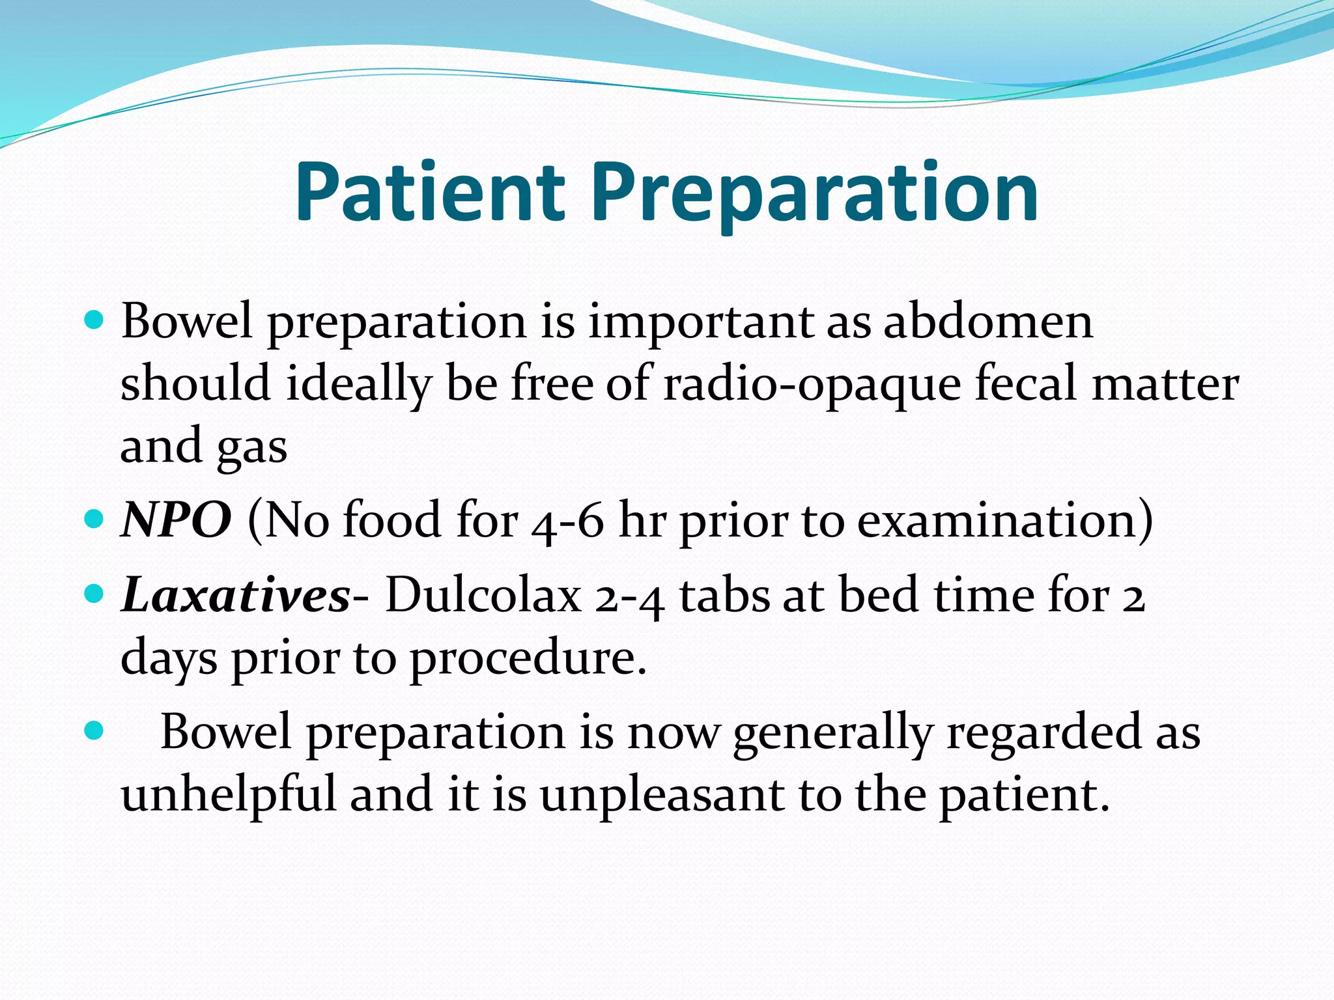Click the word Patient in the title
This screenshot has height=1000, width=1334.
click(429, 193)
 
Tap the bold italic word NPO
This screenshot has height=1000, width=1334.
click(176, 520)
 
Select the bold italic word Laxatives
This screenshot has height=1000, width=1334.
click(236, 595)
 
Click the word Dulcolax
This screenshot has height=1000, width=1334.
click(483, 595)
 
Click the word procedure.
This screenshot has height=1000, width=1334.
click(528, 658)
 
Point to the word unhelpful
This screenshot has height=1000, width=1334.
click(229, 795)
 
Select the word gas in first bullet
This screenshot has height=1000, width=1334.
click(251, 449)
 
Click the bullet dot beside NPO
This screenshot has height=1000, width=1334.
click(94, 520)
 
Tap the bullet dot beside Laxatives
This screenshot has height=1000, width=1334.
click(94, 594)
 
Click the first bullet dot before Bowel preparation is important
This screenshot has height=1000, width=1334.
click(94, 320)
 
